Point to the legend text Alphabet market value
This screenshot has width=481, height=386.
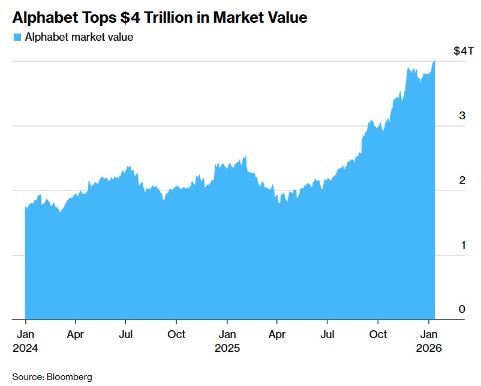pyautogui.click(x=78, y=37)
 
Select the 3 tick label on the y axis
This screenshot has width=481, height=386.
pyautogui.click(x=462, y=116)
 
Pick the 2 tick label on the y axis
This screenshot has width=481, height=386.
pyautogui.click(x=462, y=180)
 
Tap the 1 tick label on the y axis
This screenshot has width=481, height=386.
pyautogui.click(x=462, y=245)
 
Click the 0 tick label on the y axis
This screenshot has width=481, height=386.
pyautogui.click(x=462, y=309)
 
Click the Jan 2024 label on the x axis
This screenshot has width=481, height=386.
pyautogui.click(x=25, y=340)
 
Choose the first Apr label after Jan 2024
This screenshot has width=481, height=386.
pyautogui.click(x=75, y=334)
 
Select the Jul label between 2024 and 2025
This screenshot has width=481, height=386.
pyautogui.click(x=125, y=334)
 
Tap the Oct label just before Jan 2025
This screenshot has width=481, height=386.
pyautogui.click(x=176, y=334)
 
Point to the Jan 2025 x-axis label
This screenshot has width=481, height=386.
pyautogui.click(x=227, y=340)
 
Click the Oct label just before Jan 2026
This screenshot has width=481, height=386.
pyautogui.click(x=378, y=334)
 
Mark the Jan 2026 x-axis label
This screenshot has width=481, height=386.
pyautogui.click(x=429, y=340)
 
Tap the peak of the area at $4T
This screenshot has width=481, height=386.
pyautogui.click(x=434, y=61)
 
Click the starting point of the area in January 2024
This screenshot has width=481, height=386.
pyautogui.click(x=25, y=207)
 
